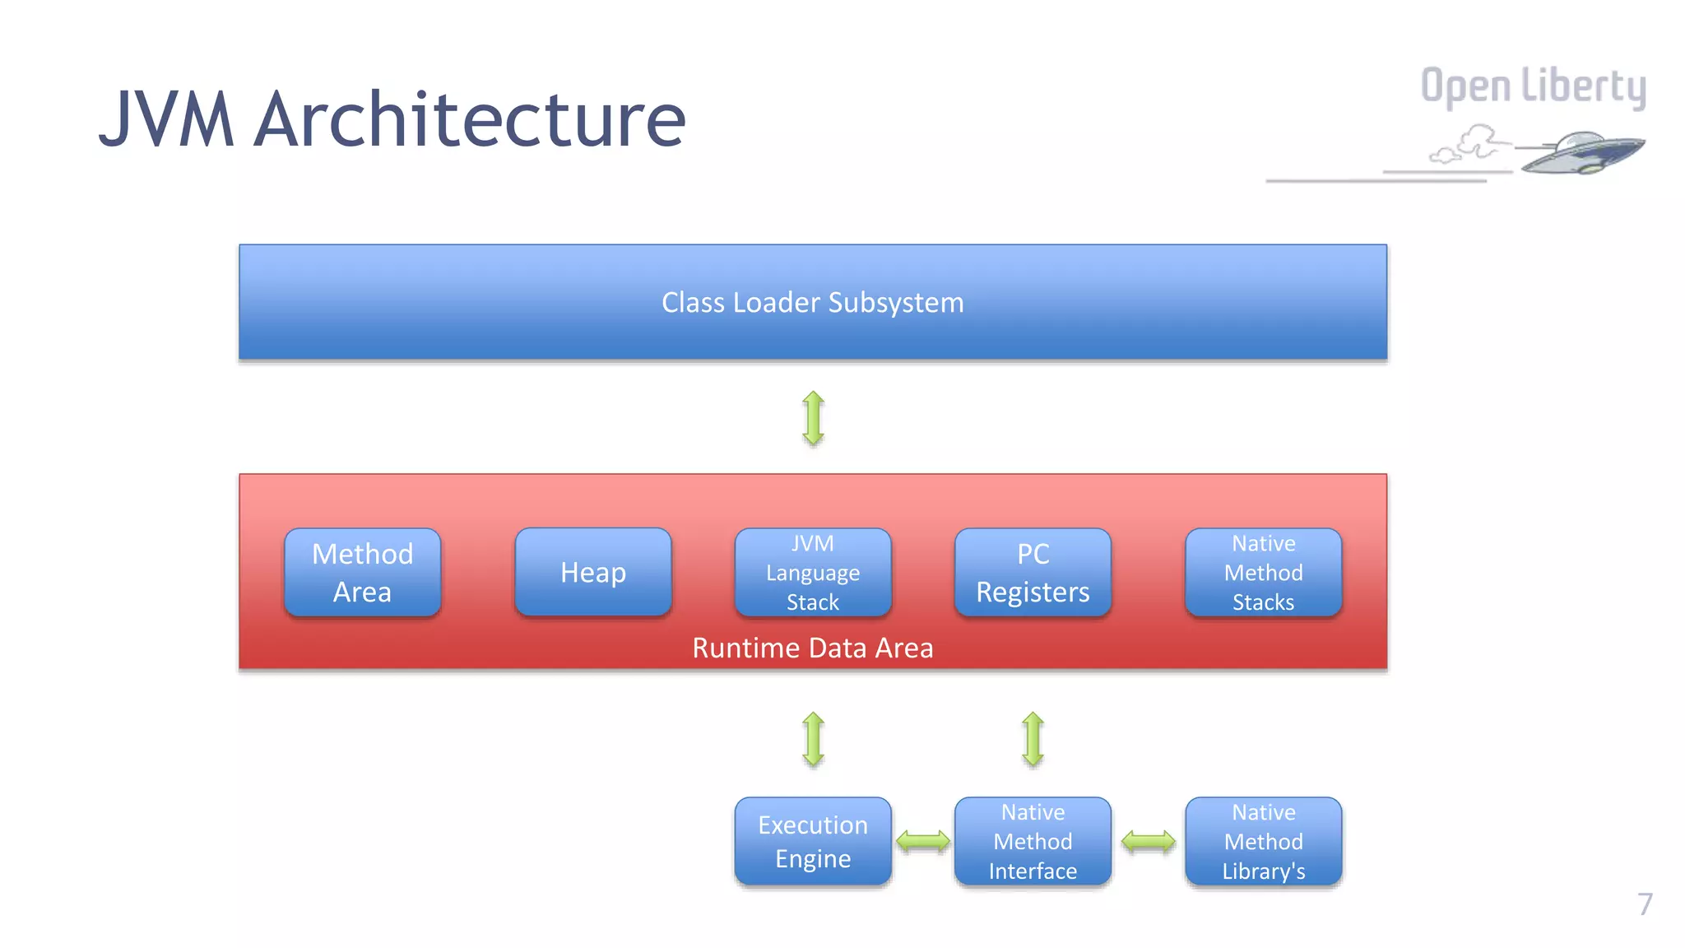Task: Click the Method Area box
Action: pos(362,573)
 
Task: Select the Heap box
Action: pos(592,573)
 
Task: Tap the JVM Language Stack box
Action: pos(813,573)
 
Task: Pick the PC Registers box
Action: pos(1033,573)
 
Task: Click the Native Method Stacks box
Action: pos(1263,573)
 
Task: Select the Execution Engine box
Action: pos(813,841)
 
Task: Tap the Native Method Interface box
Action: pos(1033,841)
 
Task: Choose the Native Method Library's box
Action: pos(1263,841)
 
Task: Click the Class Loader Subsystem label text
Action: pos(812,303)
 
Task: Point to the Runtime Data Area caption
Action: pos(812,648)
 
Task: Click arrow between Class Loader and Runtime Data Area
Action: pos(813,418)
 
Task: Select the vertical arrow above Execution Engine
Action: pos(813,739)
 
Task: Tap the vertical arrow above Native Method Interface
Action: pos(1033,739)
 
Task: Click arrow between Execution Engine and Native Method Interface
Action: pos(922,841)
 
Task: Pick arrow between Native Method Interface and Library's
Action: pos(1148,841)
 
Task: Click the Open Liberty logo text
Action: pos(1533,86)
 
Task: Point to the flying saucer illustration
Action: pos(1580,152)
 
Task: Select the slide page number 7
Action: pos(1644,904)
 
